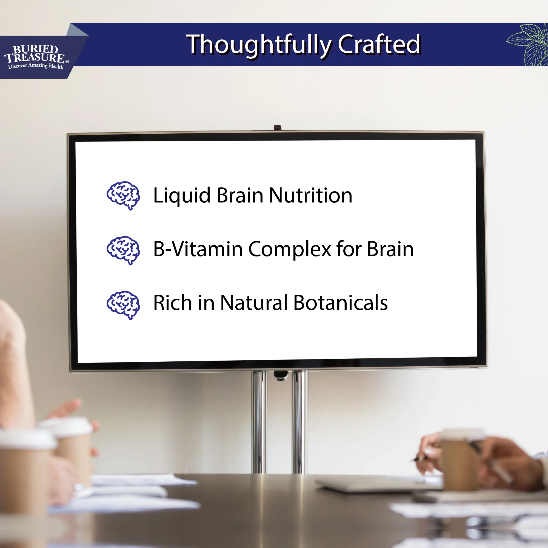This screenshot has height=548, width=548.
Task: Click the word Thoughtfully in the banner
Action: (258, 45)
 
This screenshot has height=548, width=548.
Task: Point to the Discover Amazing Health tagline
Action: (36, 66)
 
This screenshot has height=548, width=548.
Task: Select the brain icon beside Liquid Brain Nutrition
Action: (123, 195)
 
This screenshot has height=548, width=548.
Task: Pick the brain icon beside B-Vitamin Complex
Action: (123, 250)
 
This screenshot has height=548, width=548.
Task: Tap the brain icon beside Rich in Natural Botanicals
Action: (123, 305)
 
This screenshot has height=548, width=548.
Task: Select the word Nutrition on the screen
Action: (310, 195)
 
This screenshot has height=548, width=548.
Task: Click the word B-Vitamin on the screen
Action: (198, 249)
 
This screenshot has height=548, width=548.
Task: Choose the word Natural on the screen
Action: (254, 303)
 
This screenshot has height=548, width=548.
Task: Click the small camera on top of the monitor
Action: (277, 127)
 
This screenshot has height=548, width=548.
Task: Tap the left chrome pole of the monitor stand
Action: (259, 423)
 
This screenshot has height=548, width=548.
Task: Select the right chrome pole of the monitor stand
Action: (299, 423)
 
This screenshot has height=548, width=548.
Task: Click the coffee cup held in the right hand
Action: (459, 459)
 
